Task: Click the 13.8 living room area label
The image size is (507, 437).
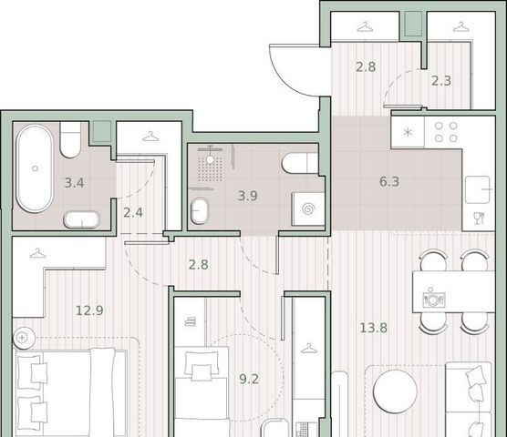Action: (x=374, y=329)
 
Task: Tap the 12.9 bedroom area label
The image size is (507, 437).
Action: (x=89, y=310)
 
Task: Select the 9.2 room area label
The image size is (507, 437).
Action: (x=249, y=379)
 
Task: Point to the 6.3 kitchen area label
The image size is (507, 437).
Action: (x=389, y=182)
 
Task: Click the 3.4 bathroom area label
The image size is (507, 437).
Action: (x=74, y=183)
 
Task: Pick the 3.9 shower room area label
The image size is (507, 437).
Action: (x=248, y=196)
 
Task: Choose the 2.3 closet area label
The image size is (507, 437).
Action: (x=441, y=80)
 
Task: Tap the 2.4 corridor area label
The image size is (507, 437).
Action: (x=133, y=213)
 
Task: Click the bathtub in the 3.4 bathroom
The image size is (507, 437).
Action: (x=35, y=168)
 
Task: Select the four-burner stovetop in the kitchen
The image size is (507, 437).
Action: (x=446, y=132)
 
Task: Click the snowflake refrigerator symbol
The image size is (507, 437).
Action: (x=408, y=132)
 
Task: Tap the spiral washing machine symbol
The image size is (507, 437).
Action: (x=308, y=209)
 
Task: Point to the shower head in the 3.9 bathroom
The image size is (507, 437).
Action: (x=210, y=159)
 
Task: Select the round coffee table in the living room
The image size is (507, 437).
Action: (x=395, y=391)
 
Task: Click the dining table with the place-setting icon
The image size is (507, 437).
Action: (x=453, y=291)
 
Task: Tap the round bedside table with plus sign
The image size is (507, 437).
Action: (x=24, y=338)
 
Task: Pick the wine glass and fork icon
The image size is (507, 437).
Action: (x=478, y=218)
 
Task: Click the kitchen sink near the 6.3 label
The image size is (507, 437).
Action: (x=477, y=189)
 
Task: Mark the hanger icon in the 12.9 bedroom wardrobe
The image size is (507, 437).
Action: (x=37, y=253)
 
